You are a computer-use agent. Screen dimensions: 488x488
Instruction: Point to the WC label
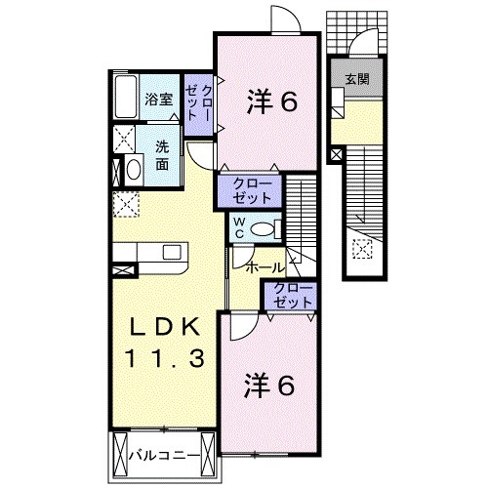[237, 228]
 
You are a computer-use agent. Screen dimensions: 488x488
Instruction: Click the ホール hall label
[264, 266]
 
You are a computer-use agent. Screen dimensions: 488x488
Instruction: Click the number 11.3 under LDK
[163, 359]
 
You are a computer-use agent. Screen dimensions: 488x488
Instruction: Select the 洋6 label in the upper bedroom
[271, 102]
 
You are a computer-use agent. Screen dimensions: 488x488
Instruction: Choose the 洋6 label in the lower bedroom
[269, 386]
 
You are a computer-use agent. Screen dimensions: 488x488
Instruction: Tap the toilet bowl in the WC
[262, 229]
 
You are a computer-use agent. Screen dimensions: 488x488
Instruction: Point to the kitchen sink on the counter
[172, 253]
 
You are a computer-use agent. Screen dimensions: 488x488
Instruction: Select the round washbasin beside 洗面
[132, 170]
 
